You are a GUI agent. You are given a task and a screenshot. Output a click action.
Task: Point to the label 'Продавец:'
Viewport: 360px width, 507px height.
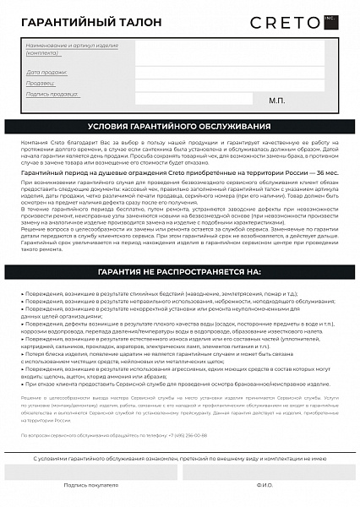41,84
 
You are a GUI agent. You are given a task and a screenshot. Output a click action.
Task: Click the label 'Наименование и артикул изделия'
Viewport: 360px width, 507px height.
72,44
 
